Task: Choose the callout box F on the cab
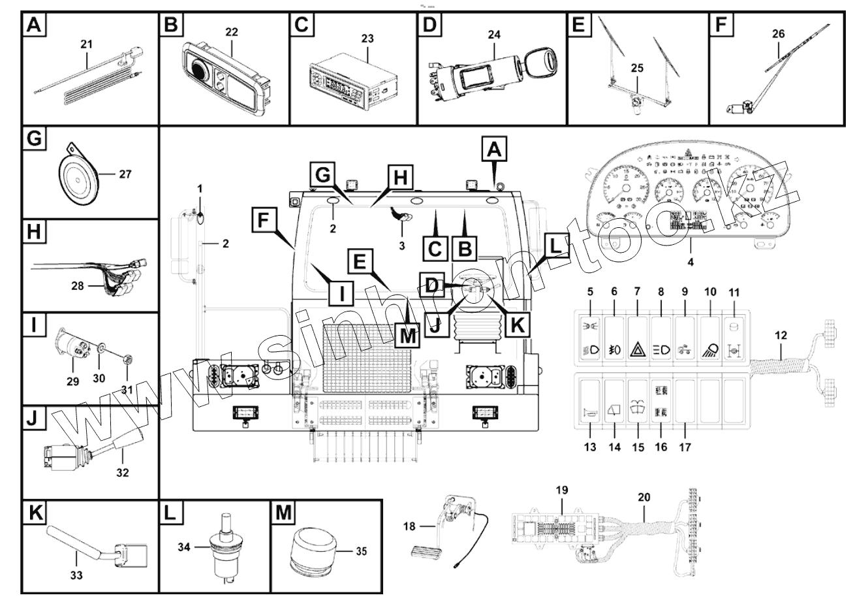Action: click(x=263, y=219)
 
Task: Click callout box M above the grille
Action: click(x=407, y=336)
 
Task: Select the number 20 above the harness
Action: click(x=644, y=498)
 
